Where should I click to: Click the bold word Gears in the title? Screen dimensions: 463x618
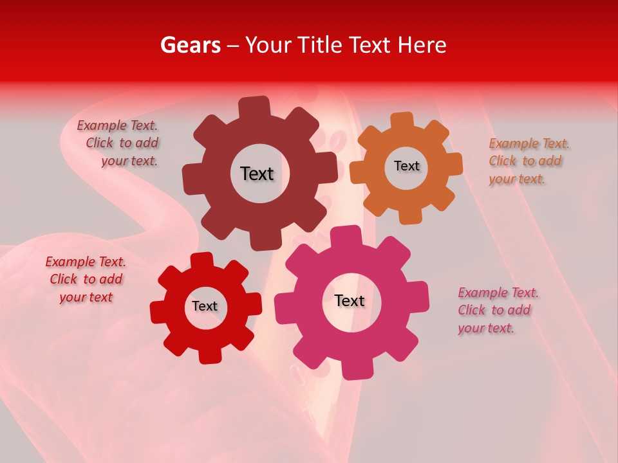click(190, 45)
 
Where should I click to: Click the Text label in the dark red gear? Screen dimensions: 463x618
click(257, 174)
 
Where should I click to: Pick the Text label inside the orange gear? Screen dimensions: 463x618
click(406, 166)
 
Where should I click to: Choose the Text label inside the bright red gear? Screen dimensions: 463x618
click(205, 306)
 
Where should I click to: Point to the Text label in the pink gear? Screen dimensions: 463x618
click(350, 300)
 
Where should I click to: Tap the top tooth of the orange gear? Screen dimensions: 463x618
click(402, 120)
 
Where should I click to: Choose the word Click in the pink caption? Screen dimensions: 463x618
click(472, 310)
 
